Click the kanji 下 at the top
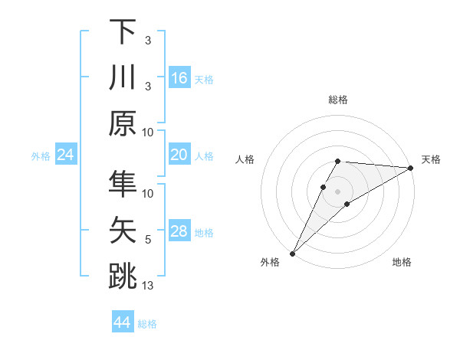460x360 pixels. point(123,31)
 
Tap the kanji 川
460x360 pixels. point(123,77)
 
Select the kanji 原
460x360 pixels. point(123,123)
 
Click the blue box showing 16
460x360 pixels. point(179,78)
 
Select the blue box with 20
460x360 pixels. point(179,155)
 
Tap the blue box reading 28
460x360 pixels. point(179,232)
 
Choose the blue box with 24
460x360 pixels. point(66,155)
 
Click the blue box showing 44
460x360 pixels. point(123,323)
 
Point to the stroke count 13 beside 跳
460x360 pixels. point(149,286)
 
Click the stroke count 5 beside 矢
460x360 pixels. point(148,240)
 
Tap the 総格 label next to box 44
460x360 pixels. point(147,324)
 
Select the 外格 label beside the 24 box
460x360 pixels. point(41,156)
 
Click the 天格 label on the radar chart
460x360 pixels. point(431,159)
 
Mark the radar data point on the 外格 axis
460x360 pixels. point(292,253)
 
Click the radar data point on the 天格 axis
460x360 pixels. point(411,169)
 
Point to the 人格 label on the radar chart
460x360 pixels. point(245,159)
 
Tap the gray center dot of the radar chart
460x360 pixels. point(337,190)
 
